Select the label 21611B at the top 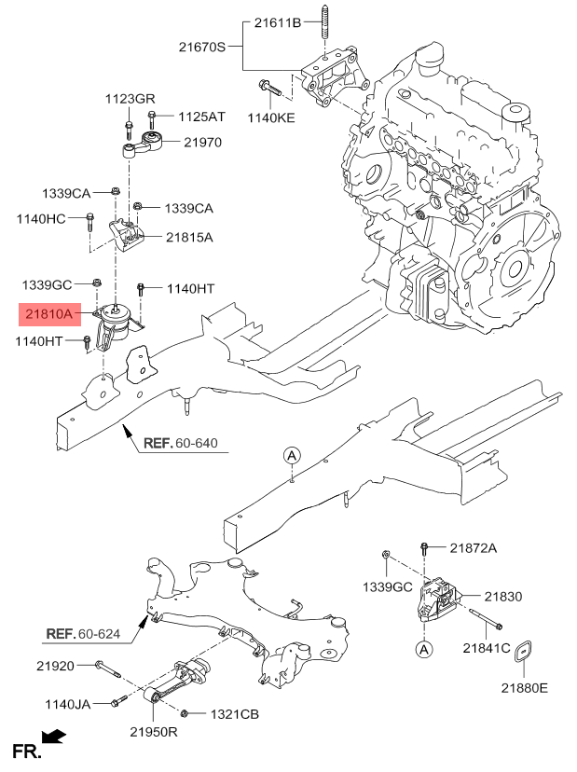coord(277,23)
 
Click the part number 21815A coord(189,238)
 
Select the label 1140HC coord(42,219)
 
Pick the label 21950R coord(153,733)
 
